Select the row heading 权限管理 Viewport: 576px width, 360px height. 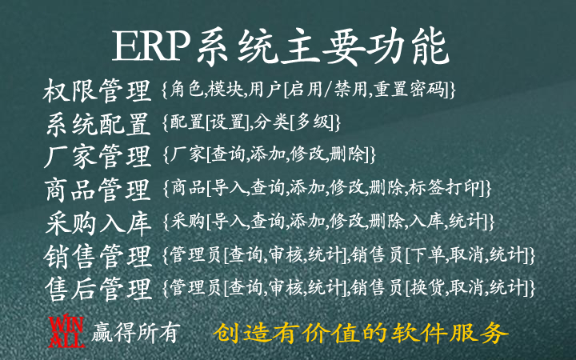pyautogui.click(x=98, y=90)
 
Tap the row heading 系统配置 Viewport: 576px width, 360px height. pyautogui.click(x=98, y=124)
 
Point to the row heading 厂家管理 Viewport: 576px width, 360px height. pyautogui.click(x=98, y=157)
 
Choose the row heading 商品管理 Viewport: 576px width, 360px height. pyautogui.click(x=98, y=190)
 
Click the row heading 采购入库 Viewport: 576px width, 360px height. pyautogui.click(x=98, y=223)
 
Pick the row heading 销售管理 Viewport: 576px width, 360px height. pyautogui.click(x=98, y=256)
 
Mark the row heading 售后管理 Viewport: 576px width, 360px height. pyautogui.click(x=98, y=289)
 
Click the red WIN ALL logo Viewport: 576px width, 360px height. pyautogui.click(x=66, y=330)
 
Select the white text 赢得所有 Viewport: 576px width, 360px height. pyautogui.click(x=136, y=333)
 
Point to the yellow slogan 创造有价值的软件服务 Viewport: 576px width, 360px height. pyautogui.click(x=360, y=333)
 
